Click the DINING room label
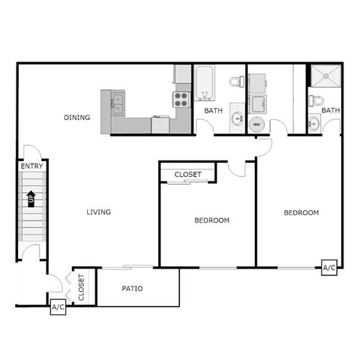77,117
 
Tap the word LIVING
98,212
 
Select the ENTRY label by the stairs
31,166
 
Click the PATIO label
132,289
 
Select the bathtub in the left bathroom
205,82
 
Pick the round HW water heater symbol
256,124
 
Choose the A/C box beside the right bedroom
328,268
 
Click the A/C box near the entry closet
58,307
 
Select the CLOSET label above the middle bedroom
187,175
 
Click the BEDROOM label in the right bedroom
301,213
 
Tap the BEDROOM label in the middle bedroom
211,220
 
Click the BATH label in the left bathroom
214,111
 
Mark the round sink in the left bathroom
237,117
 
